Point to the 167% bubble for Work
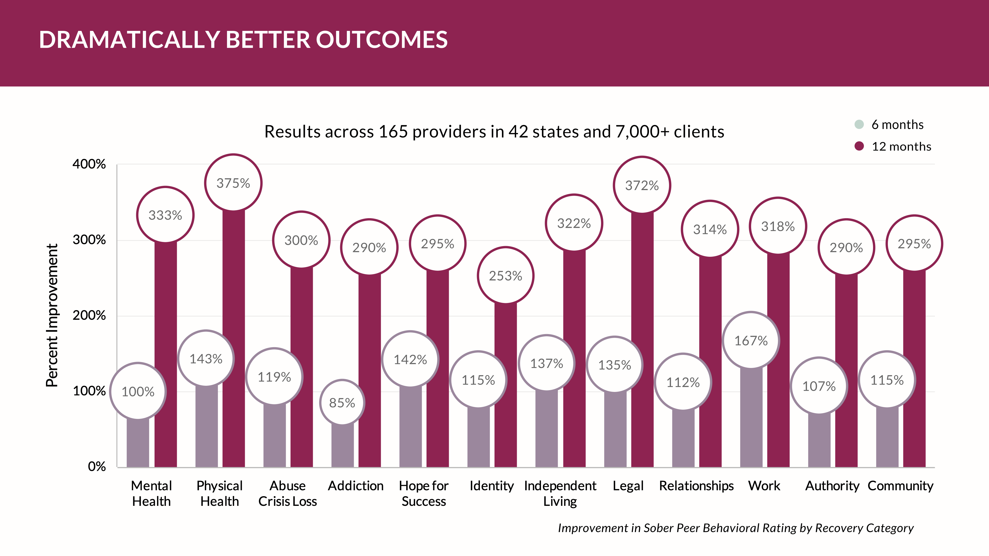[x=751, y=340]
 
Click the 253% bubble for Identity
[x=505, y=276]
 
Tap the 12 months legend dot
[x=859, y=146]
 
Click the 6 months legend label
[x=897, y=125]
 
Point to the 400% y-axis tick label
[x=89, y=164]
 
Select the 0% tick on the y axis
[x=96, y=467]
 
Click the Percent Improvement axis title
[x=52, y=315]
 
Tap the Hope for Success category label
[x=424, y=493]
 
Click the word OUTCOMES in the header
[x=382, y=40]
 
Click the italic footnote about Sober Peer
[x=735, y=528]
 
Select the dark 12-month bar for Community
[x=914, y=368]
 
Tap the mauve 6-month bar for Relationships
[x=683, y=439]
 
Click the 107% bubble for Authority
[x=819, y=386]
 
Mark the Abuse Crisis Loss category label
[x=288, y=493]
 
